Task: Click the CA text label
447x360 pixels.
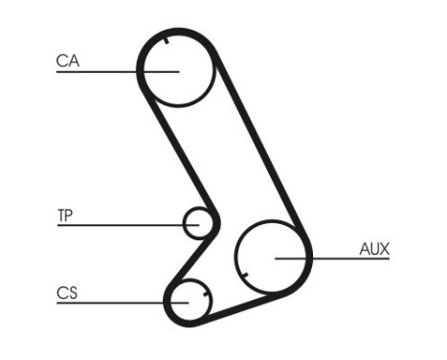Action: click(67, 61)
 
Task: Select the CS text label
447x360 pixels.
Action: click(66, 293)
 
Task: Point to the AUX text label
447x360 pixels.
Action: click(374, 249)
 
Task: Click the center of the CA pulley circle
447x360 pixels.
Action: click(175, 69)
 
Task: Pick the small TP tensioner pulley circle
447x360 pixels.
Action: click(198, 223)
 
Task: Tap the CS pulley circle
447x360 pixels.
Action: click(190, 301)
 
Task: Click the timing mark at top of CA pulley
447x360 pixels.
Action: click(168, 39)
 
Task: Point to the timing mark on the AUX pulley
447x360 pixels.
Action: click(245, 278)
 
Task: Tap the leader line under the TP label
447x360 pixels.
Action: click(115, 225)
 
